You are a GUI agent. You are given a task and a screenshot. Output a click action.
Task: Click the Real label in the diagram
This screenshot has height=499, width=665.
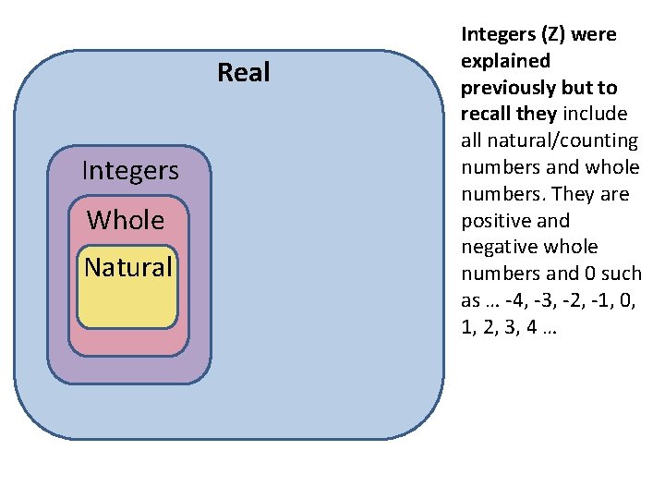[x=244, y=72]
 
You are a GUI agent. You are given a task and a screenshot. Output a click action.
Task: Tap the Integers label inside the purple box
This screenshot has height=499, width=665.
[x=130, y=171]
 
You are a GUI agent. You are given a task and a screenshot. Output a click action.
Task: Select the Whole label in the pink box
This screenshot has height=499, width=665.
[x=126, y=221]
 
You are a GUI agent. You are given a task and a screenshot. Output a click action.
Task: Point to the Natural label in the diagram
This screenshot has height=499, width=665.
[x=128, y=268]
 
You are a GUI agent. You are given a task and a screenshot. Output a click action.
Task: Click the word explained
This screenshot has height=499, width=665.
[x=505, y=62]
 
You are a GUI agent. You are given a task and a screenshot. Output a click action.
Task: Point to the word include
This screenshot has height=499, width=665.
[x=596, y=115]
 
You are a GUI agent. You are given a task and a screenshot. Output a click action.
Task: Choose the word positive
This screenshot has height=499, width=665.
[x=502, y=221]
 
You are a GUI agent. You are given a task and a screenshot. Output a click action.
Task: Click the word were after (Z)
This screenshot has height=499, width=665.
[x=597, y=35]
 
